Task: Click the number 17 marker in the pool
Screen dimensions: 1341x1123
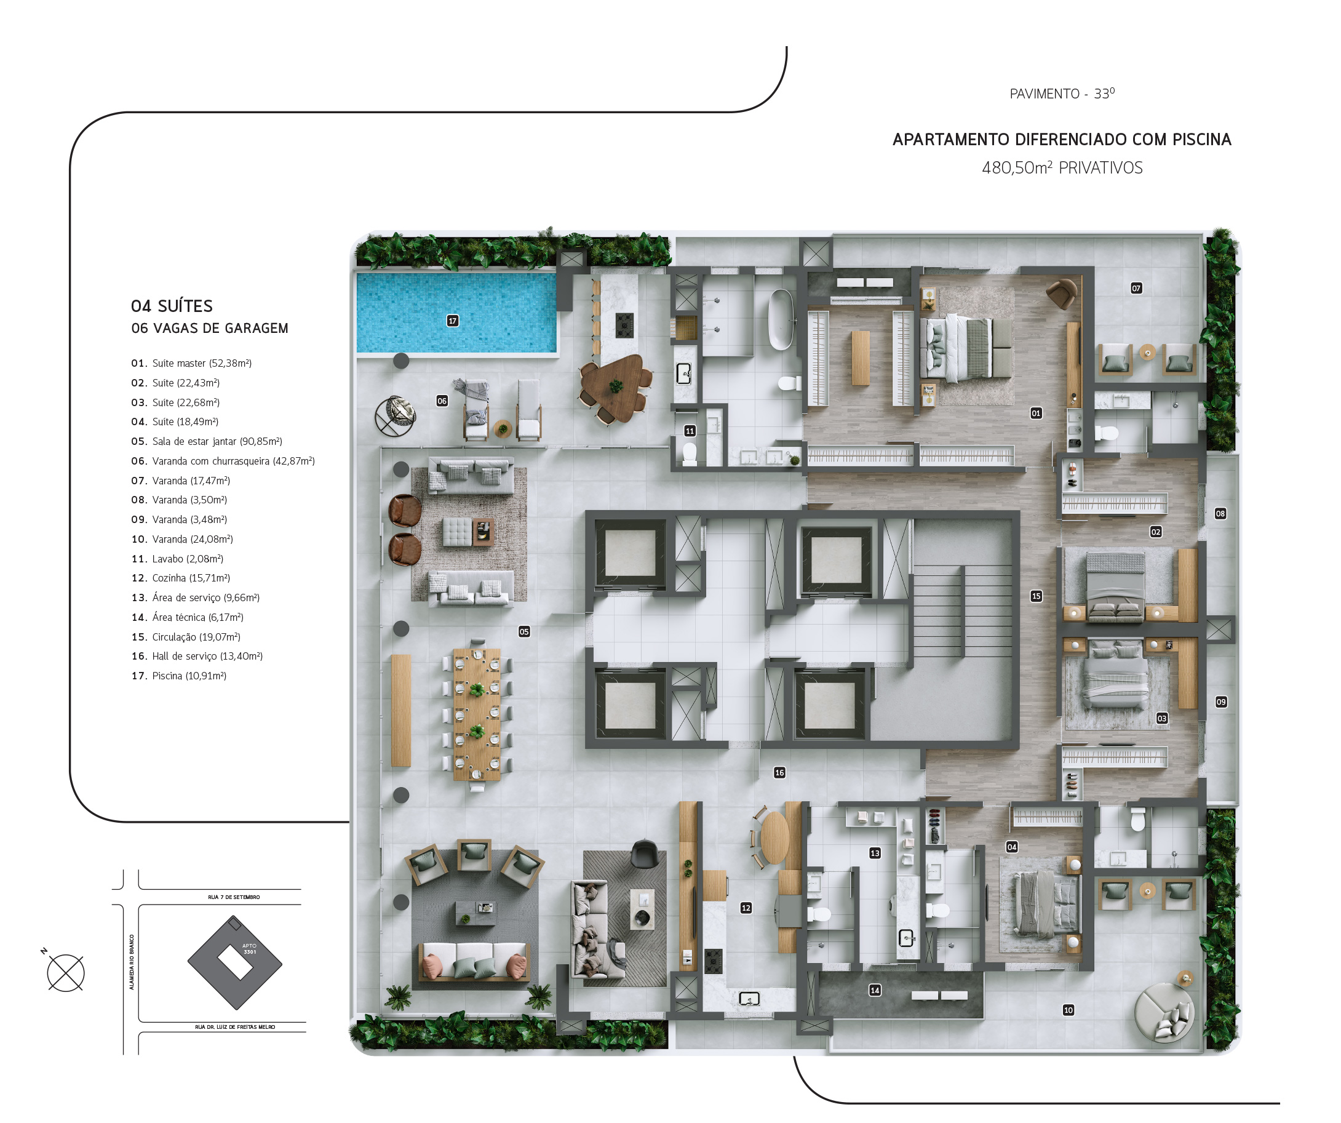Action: (x=453, y=321)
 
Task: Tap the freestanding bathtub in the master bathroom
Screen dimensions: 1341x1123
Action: (x=781, y=320)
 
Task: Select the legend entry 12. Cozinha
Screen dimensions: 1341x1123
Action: (x=181, y=578)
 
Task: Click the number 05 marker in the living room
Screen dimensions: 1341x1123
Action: (x=524, y=632)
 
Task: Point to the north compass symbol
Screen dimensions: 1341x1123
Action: (x=65, y=972)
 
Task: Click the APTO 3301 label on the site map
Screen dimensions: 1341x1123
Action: (x=250, y=949)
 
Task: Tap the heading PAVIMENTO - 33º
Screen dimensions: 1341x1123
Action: (x=1062, y=94)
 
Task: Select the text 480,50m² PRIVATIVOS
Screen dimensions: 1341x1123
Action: (x=1062, y=168)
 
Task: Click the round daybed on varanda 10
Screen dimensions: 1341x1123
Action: (x=1163, y=1012)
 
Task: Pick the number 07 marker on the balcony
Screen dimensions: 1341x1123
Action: (x=1136, y=288)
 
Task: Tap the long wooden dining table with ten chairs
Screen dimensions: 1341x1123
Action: (x=476, y=715)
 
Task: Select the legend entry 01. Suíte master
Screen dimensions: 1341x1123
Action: (x=191, y=364)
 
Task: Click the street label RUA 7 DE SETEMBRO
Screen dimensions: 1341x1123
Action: (x=234, y=897)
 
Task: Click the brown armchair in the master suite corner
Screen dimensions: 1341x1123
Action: (x=1062, y=293)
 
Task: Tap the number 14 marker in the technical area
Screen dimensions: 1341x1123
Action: (x=875, y=990)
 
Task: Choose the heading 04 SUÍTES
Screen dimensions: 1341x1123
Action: (x=172, y=306)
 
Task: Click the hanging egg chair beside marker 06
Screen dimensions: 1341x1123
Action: (x=396, y=416)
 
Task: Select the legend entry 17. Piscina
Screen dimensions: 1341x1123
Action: (x=179, y=676)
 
